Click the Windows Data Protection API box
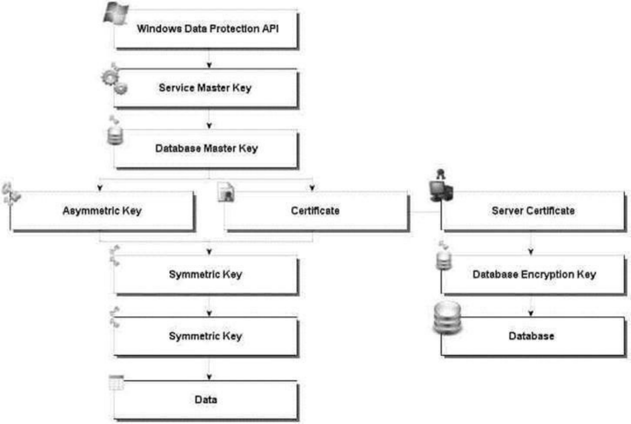206,29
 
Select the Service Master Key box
206,88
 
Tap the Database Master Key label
207,148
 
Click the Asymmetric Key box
102,211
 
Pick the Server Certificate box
534,211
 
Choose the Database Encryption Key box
534,275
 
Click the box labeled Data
206,400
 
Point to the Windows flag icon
116,13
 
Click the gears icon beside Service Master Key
115,79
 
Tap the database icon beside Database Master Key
115,131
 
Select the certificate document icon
226,192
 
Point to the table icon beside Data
116,382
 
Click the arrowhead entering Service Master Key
209,65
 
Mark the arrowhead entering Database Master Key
209,126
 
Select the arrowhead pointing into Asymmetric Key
100,188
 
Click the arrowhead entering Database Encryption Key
531,252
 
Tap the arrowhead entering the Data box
209,377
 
